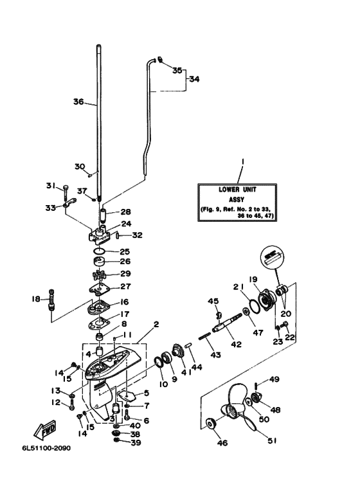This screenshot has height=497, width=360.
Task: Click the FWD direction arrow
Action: (x=45, y=431)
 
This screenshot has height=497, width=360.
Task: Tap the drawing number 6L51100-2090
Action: (x=46, y=448)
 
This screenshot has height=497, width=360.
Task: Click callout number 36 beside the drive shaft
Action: (x=78, y=102)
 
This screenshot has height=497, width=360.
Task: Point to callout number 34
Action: (x=194, y=79)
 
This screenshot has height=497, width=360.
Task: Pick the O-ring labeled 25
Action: (x=100, y=251)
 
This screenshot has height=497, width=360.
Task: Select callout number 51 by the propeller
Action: (x=272, y=440)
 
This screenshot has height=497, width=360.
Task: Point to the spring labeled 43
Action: (x=204, y=336)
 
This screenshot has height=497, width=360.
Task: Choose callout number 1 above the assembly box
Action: (x=243, y=161)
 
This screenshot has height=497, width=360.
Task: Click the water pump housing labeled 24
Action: (x=100, y=235)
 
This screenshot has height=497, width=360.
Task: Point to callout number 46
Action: (x=222, y=442)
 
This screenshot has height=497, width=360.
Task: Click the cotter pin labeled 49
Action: (x=256, y=386)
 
